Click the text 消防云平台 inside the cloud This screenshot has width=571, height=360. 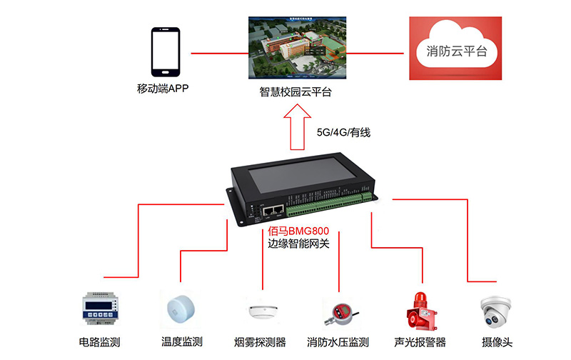click(457, 51)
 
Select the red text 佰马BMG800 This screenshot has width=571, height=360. click(298, 231)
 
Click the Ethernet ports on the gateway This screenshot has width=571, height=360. click(273, 211)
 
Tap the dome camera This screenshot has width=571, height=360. click(497, 311)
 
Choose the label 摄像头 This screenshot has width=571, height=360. click(497, 341)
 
